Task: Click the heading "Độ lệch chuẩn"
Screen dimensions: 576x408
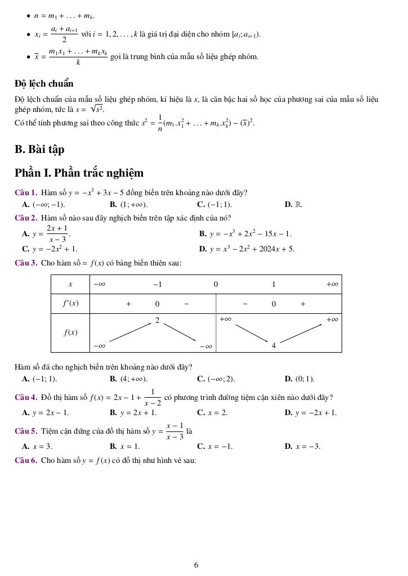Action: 44,84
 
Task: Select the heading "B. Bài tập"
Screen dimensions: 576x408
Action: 39,149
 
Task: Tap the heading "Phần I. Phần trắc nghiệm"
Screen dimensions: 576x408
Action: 79,173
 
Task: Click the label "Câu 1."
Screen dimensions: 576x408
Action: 26,192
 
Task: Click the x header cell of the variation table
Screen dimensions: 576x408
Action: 70,284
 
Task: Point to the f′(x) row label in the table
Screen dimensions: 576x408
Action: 70,304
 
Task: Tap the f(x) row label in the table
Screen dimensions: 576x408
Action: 70,332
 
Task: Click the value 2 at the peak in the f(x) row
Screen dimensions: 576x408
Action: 158,320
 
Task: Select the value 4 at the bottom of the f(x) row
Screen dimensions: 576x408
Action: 274,345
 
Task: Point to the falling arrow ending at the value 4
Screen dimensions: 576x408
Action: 252,333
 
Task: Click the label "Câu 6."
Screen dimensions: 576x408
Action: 26,461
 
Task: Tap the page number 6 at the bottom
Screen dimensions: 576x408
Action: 196,565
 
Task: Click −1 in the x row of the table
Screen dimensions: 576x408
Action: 158,284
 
